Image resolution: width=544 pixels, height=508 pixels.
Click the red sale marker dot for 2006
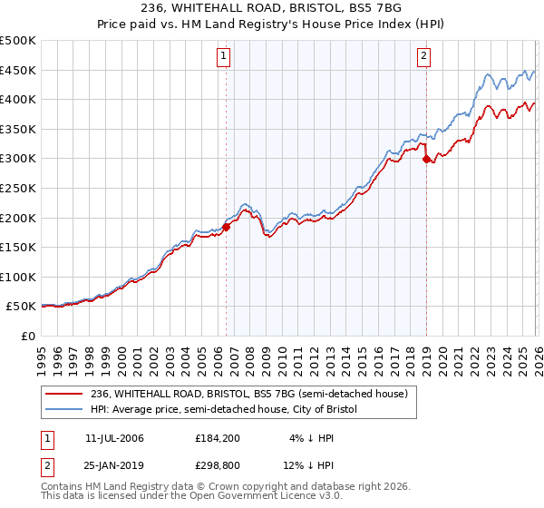[x=226, y=227]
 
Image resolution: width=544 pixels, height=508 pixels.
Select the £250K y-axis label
[x=18, y=189]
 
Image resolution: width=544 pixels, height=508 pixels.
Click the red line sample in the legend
[x=64, y=394]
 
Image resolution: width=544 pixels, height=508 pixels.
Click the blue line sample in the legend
[x=64, y=410]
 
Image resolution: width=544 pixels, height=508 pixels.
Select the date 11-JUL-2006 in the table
[x=114, y=437]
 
